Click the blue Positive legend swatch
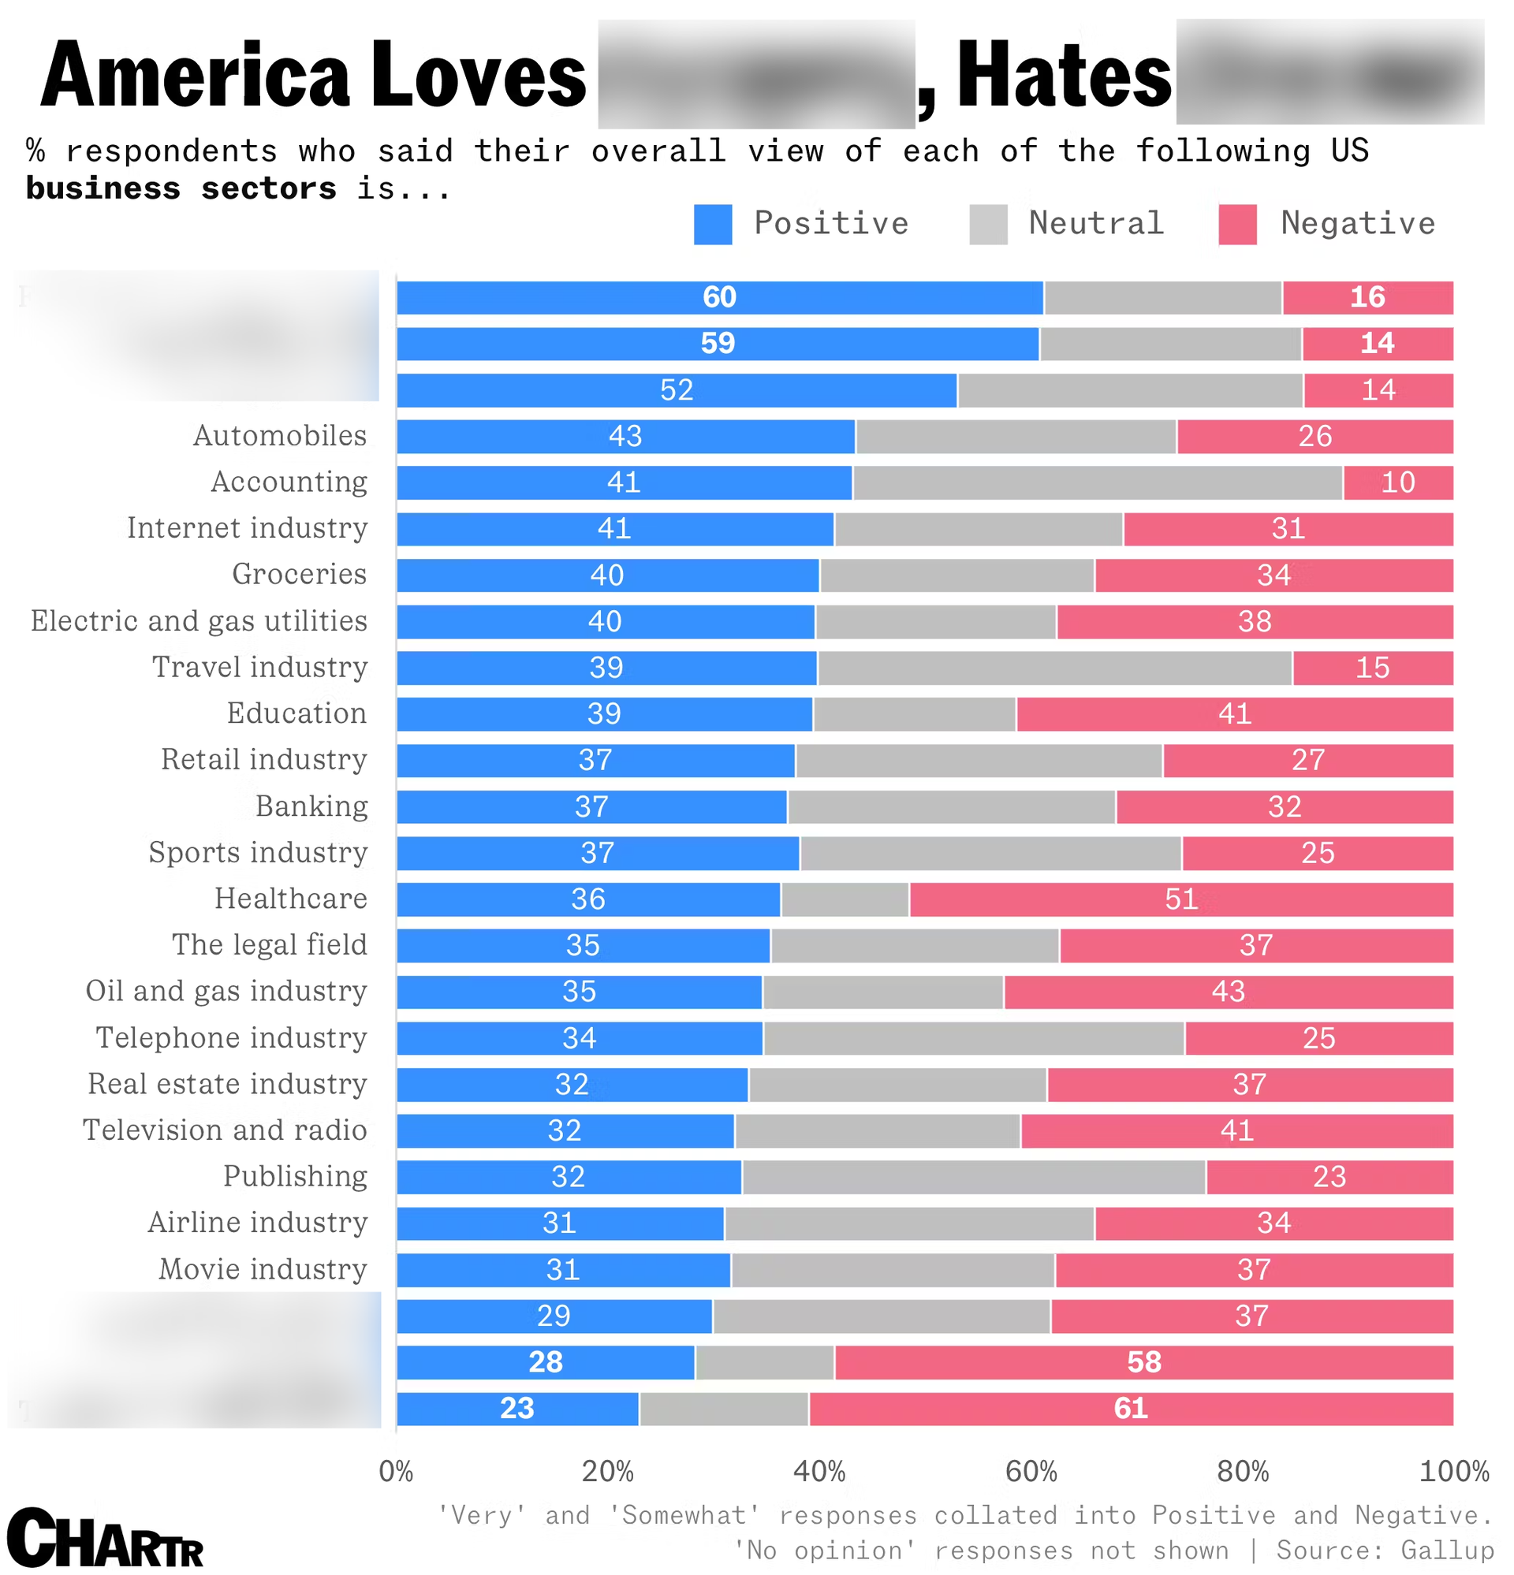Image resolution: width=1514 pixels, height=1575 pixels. [712, 224]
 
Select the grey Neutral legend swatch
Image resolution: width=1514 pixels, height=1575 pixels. [988, 224]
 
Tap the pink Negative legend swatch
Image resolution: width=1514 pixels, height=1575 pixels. [1237, 224]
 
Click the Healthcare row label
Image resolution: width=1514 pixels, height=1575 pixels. [290, 899]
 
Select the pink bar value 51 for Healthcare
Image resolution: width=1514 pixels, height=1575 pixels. [1181, 899]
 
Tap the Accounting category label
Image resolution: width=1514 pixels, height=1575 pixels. [289, 482]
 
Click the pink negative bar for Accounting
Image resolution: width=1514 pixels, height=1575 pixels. [1398, 482]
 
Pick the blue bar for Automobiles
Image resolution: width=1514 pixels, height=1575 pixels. [625, 437]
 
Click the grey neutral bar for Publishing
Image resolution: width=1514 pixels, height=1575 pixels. [973, 1177]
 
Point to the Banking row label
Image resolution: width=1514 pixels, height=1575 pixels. [311, 806]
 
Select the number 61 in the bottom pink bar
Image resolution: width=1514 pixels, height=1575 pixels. [1131, 1409]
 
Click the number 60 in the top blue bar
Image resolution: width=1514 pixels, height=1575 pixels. [719, 297]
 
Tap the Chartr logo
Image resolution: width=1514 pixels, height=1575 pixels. [105, 1538]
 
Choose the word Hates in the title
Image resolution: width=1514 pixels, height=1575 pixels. [1064, 75]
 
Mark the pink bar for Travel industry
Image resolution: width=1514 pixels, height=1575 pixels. [1373, 668]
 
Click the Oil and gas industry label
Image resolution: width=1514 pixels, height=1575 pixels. [226, 991]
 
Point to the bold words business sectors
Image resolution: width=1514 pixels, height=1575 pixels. [181, 188]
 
